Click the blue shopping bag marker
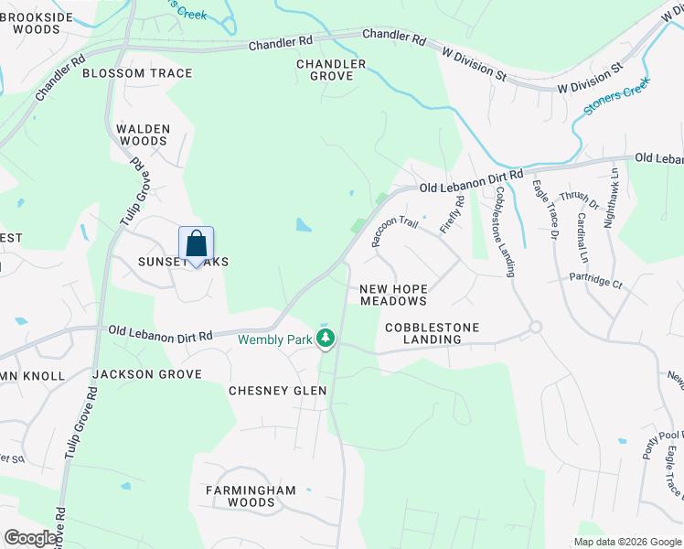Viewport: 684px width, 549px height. tap(196, 244)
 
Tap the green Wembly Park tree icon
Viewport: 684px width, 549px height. tap(326, 339)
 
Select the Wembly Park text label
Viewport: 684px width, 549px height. tap(273, 339)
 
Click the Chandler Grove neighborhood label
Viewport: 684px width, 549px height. tap(331, 70)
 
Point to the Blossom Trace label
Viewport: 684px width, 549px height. tap(137, 73)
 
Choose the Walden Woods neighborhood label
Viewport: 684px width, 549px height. tap(144, 135)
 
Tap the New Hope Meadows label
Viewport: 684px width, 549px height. tap(393, 295)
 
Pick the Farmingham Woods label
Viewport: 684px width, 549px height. tap(250, 496)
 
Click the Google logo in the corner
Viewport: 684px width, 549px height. tap(31, 538)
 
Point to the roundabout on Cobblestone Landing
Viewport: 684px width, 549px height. tap(536, 327)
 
